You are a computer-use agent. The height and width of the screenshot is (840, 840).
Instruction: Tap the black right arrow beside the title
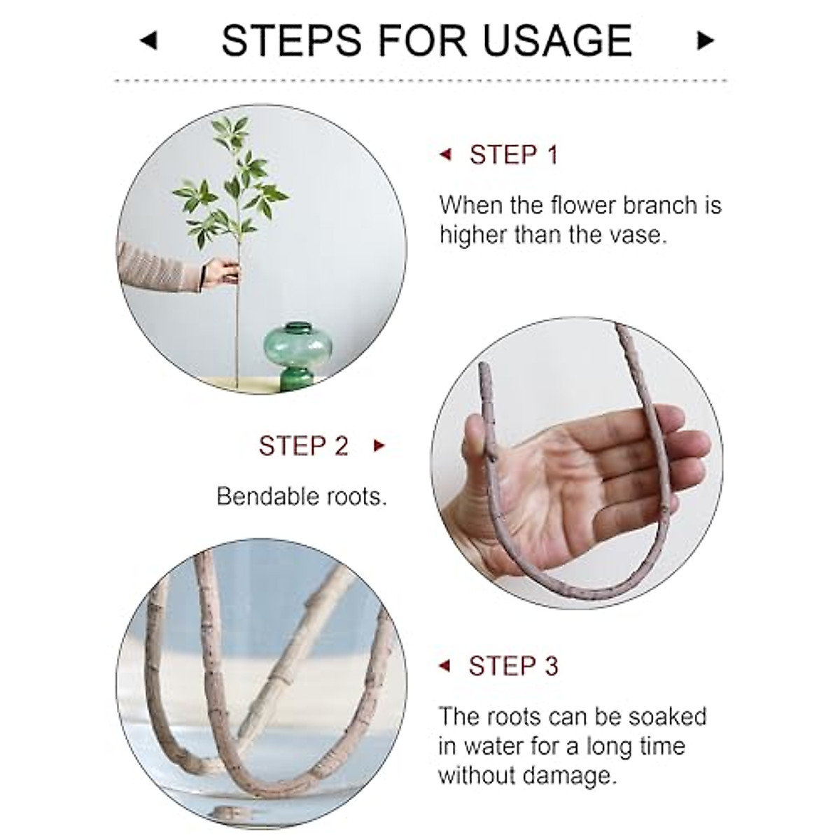click(x=704, y=41)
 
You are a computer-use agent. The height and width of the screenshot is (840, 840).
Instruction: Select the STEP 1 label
click(x=514, y=155)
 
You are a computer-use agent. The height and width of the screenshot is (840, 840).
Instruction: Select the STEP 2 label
click(x=303, y=446)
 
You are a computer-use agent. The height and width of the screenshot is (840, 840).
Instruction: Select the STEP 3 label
click(x=513, y=666)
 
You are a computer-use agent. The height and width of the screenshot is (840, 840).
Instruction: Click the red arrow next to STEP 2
click(x=379, y=446)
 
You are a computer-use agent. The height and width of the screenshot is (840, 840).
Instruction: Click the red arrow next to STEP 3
click(x=444, y=666)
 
